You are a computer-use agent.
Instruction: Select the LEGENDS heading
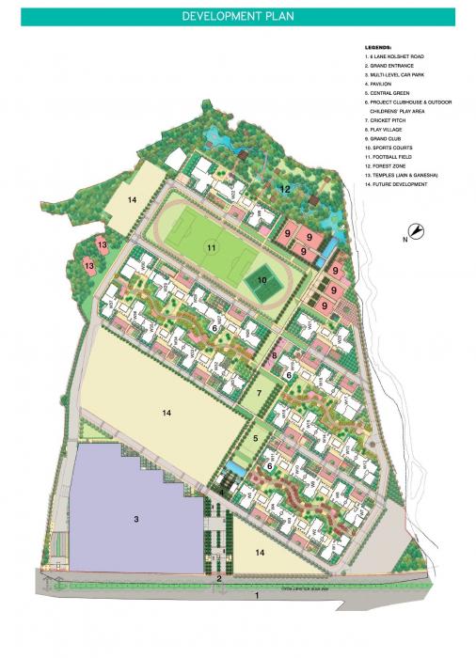click(379, 47)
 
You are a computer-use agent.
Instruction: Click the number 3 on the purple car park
click(136, 518)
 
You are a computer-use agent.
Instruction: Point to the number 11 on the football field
click(213, 248)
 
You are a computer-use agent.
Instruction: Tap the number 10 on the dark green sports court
click(262, 280)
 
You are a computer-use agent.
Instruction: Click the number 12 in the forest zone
click(284, 189)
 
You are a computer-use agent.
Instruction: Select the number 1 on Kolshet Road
click(256, 596)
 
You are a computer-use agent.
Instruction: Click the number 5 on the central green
click(255, 438)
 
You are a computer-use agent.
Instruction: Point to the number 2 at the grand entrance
click(219, 579)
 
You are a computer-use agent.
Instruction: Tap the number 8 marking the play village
click(275, 354)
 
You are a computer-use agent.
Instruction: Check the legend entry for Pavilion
click(382, 86)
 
